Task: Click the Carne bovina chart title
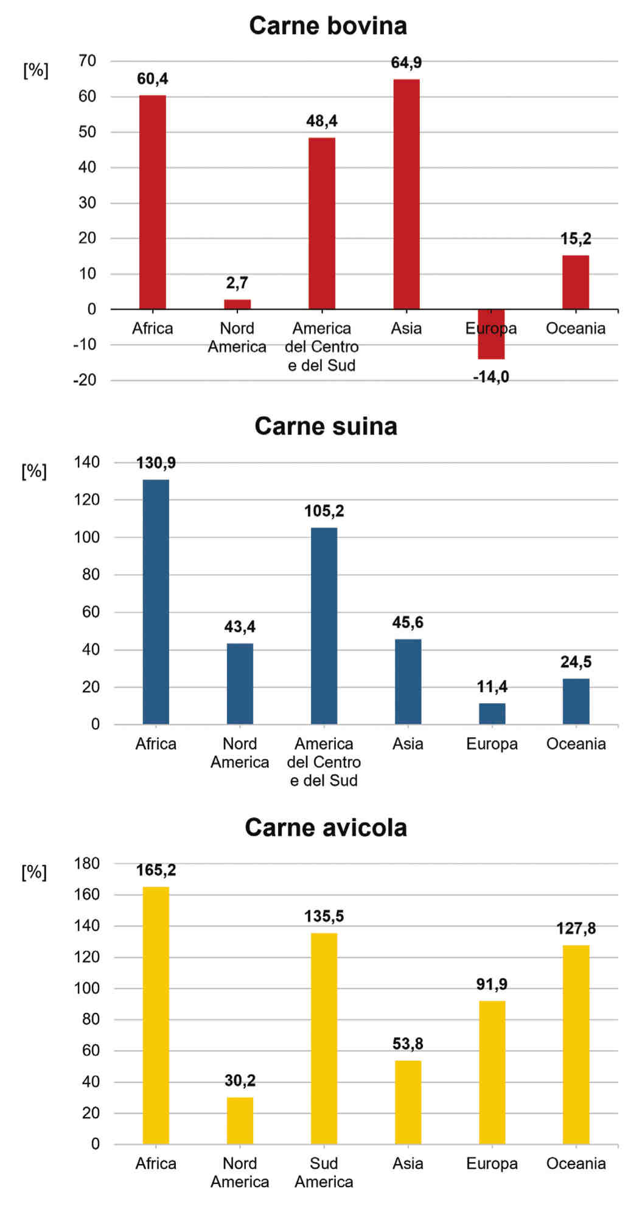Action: (327, 26)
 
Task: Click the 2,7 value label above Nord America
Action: (237, 282)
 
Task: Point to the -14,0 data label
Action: (490, 377)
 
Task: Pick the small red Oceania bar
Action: (575, 282)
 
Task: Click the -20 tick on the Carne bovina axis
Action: (85, 380)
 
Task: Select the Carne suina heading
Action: (326, 426)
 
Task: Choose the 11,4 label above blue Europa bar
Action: (492, 687)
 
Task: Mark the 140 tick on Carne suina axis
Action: (86, 462)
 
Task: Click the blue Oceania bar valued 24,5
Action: (576, 701)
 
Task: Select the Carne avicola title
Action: (326, 827)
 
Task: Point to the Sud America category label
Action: (324, 1172)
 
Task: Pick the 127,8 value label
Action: (576, 928)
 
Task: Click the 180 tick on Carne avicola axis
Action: (86, 863)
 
